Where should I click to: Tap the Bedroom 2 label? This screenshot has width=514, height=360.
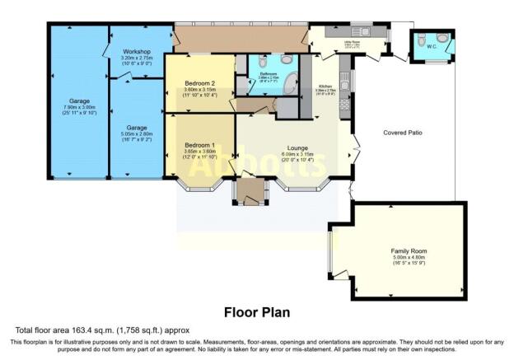coord(199,83)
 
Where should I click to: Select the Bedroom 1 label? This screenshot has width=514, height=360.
coord(199,145)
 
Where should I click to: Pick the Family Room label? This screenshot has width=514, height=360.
coord(408,250)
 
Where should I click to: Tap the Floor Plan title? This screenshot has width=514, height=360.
coord(256,312)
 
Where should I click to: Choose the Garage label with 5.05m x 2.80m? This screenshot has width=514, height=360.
coord(137,128)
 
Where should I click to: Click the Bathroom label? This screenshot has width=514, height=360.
coord(268,73)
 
